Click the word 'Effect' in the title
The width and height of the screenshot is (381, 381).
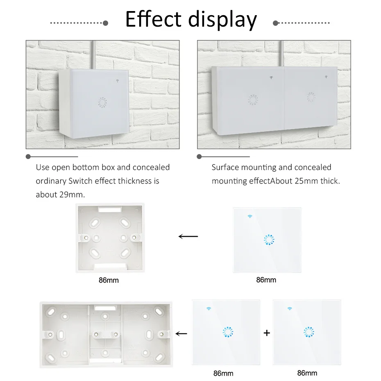point(153,19)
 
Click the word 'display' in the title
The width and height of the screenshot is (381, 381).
point(222,20)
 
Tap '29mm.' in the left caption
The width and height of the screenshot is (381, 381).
point(73,195)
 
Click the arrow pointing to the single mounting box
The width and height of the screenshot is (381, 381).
point(188,236)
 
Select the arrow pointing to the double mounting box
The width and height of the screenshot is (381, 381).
point(181,333)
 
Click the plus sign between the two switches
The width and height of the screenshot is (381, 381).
point(267,333)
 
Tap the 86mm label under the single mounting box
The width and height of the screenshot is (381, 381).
point(109,280)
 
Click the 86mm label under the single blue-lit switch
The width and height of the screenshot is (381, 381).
point(266,280)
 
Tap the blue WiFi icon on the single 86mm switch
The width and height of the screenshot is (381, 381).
point(250,216)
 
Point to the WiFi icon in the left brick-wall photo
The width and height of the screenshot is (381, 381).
point(117,81)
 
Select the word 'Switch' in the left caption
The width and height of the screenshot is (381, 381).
point(80,181)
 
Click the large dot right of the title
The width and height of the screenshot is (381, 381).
point(275,23)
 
